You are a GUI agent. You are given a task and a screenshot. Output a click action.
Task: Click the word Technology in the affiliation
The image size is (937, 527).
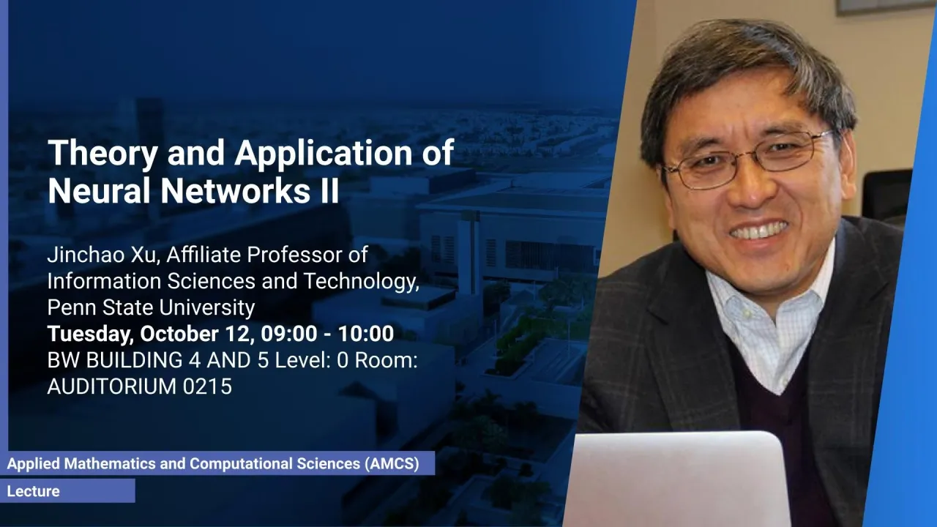click(362, 282)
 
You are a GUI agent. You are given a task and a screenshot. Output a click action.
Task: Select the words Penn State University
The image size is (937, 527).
click(151, 307)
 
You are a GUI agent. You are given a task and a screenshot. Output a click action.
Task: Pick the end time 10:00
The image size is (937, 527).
click(365, 334)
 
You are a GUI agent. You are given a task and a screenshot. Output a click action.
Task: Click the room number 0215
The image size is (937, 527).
click(207, 386)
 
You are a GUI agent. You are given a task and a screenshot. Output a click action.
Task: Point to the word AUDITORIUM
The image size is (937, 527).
click(112, 386)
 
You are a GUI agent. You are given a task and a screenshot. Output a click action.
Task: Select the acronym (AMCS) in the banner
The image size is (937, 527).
click(392, 463)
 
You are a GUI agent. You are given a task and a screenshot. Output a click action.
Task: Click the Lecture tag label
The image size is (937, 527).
click(34, 491)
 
